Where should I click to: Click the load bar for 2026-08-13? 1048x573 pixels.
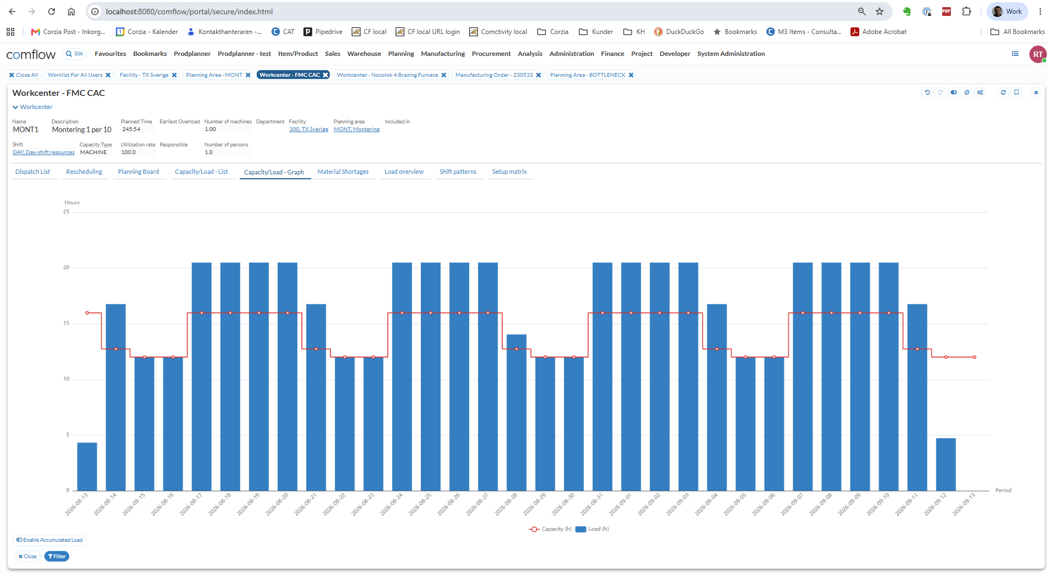(x=87, y=467)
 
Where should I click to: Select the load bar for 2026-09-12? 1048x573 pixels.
(x=946, y=464)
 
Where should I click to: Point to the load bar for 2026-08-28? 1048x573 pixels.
(x=516, y=412)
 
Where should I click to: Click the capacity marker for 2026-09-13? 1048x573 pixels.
(x=974, y=357)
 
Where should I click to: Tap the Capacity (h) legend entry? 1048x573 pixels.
(x=550, y=529)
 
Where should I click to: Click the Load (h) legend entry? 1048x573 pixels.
(x=593, y=529)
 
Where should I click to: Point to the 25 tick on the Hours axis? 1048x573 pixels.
(x=66, y=212)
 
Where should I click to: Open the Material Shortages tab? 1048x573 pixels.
(x=343, y=172)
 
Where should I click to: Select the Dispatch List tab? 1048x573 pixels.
(x=32, y=172)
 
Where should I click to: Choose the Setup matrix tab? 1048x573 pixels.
(x=509, y=172)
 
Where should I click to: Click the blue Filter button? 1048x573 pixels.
(x=57, y=557)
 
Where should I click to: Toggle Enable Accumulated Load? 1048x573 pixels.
(x=49, y=540)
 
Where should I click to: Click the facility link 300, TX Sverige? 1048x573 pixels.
(x=309, y=129)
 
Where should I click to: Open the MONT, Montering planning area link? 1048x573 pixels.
(x=357, y=129)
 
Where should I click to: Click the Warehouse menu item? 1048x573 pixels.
(x=364, y=54)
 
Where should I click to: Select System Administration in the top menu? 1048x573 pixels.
(x=731, y=54)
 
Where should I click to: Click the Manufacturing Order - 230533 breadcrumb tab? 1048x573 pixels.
(x=494, y=75)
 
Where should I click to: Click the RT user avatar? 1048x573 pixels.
(x=1038, y=54)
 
